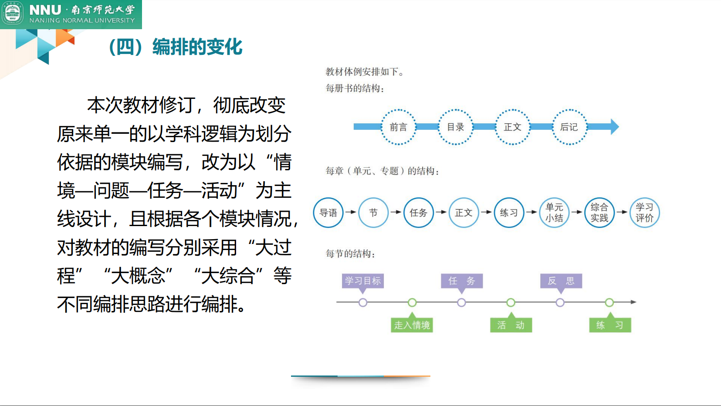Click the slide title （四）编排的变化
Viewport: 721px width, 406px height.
click(x=175, y=47)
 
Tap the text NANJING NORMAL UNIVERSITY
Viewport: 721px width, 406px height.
click(x=82, y=20)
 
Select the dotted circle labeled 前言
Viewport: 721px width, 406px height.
click(x=398, y=127)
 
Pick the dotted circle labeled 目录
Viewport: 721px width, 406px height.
click(x=455, y=127)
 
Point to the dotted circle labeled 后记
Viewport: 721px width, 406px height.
click(x=569, y=127)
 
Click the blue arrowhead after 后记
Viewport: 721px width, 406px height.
click(x=614, y=127)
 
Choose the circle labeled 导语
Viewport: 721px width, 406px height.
click(x=328, y=213)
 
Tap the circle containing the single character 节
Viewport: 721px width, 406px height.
click(x=373, y=213)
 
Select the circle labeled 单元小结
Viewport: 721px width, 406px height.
click(x=554, y=213)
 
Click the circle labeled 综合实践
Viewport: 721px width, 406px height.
click(x=599, y=213)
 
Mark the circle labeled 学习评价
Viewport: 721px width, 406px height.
click(x=644, y=213)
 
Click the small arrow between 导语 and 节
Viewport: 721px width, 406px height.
click(x=351, y=212)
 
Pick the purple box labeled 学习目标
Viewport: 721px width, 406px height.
click(x=363, y=281)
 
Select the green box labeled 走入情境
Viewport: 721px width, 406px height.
click(x=412, y=325)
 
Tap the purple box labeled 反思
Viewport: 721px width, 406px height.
click(x=561, y=281)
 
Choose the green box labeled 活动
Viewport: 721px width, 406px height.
click(x=511, y=325)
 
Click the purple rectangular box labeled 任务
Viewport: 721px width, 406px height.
click(x=462, y=281)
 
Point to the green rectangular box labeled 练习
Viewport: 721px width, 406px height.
click(x=610, y=325)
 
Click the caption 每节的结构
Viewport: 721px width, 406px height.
click(x=350, y=254)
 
